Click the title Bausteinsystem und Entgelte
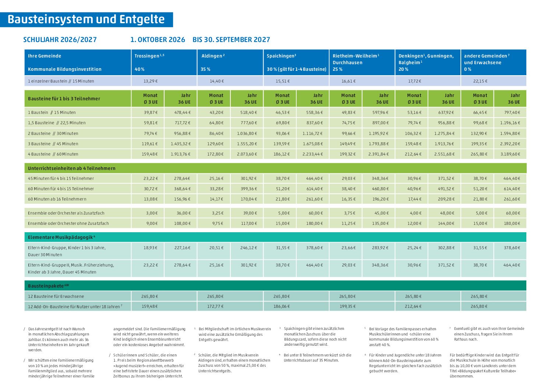[x=86, y=20]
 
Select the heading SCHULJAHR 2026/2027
[x=60, y=40]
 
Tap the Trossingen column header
[x=149, y=56]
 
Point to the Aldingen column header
[x=213, y=56]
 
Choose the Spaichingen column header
[x=282, y=56]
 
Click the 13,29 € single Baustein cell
[x=151, y=81]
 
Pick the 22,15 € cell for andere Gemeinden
[x=480, y=81]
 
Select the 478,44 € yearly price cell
[x=183, y=112]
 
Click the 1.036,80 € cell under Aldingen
[x=247, y=133]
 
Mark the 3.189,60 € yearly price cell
[x=510, y=154]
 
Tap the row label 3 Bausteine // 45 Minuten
[x=53, y=144]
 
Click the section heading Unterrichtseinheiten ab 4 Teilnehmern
[x=71, y=168]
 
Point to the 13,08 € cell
[x=151, y=199]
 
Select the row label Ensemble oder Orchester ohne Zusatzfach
[x=68, y=223]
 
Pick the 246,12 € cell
[x=248, y=248]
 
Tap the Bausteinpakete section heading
[x=48, y=286]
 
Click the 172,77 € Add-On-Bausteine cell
[x=215, y=306]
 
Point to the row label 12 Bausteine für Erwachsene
[x=56, y=296]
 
